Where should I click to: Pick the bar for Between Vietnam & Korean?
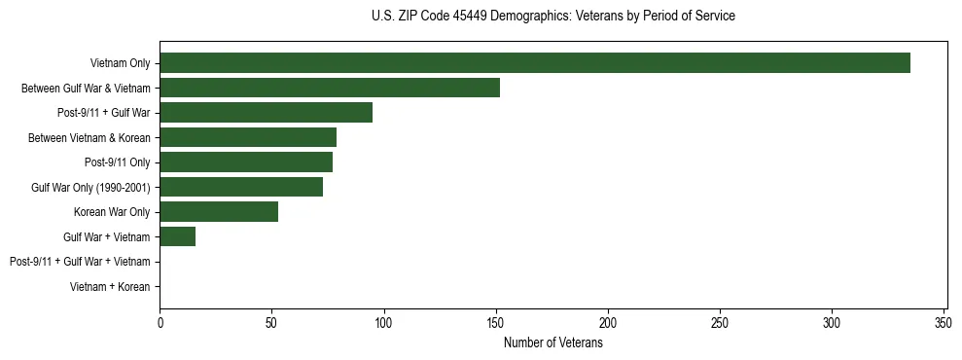click(x=248, y=137)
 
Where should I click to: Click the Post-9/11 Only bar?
click(x=246, y=162)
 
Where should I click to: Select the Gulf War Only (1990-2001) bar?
click(x=241, y=187)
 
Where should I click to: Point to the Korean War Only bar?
click(x=219, y=212)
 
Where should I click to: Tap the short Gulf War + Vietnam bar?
click(x=177, y=236)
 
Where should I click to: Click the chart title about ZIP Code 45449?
click(x=553, y=17)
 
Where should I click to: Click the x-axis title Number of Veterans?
click(x=553, y=343)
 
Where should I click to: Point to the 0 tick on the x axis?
click(x=160, y=322)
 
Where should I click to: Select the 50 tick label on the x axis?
click(x=271, y=322)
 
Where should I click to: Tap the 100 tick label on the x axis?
click(x=384, y=322)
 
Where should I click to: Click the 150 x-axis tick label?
click(x=496, y=322)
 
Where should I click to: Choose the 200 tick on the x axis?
click(x=608, y=322)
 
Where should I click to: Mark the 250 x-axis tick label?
click(x=720, y=322)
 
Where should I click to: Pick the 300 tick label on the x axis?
click(x=832, y=322)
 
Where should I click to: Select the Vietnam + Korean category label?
click(x=110, y=287)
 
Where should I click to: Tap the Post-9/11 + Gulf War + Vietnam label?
click(x=80, y=262)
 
